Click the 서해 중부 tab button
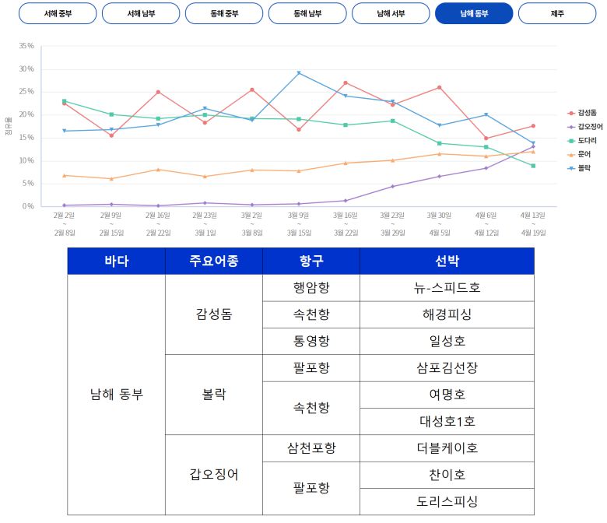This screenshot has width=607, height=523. tap(57, 13)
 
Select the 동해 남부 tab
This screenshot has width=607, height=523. tap(307, 13)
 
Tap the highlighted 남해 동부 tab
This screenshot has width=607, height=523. tap(473, 13)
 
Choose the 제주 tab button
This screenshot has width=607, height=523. tap(556, 13)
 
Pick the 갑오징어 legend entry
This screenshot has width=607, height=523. tap(588, 126)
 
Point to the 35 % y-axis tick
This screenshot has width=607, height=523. tap(26, 46)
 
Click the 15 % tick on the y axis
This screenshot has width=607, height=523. tap(26, 138)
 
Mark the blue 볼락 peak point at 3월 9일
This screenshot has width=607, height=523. tap(299, 73)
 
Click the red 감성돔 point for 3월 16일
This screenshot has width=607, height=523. tap(346, 82)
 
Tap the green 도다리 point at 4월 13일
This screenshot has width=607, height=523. tap(533, 166)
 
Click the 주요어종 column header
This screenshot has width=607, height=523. tap(213, 261)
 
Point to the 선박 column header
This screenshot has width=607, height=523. tap(447, 261)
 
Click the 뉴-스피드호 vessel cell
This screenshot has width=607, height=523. tap(447, 288)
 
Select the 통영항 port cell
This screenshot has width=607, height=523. tap(311, 341)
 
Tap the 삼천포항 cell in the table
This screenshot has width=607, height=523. tap(311, 448)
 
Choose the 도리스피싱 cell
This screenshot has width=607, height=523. tap(447, 501)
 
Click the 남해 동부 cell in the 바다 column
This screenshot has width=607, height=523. tap(116, 395)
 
